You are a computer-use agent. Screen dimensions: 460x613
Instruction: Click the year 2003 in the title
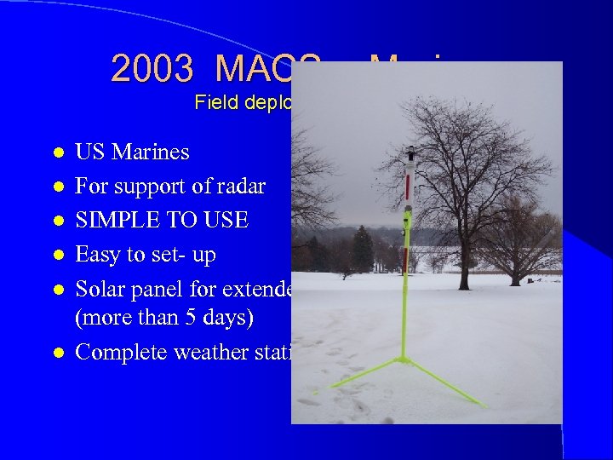(156, 69)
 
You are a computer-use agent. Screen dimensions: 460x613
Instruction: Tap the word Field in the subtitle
(215, 103)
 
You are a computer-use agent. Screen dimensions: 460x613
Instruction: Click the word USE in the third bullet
(224, 221)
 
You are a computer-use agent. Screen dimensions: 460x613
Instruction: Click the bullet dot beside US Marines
(58, 153)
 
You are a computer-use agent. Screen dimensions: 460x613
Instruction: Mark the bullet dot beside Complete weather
(58, 353)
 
